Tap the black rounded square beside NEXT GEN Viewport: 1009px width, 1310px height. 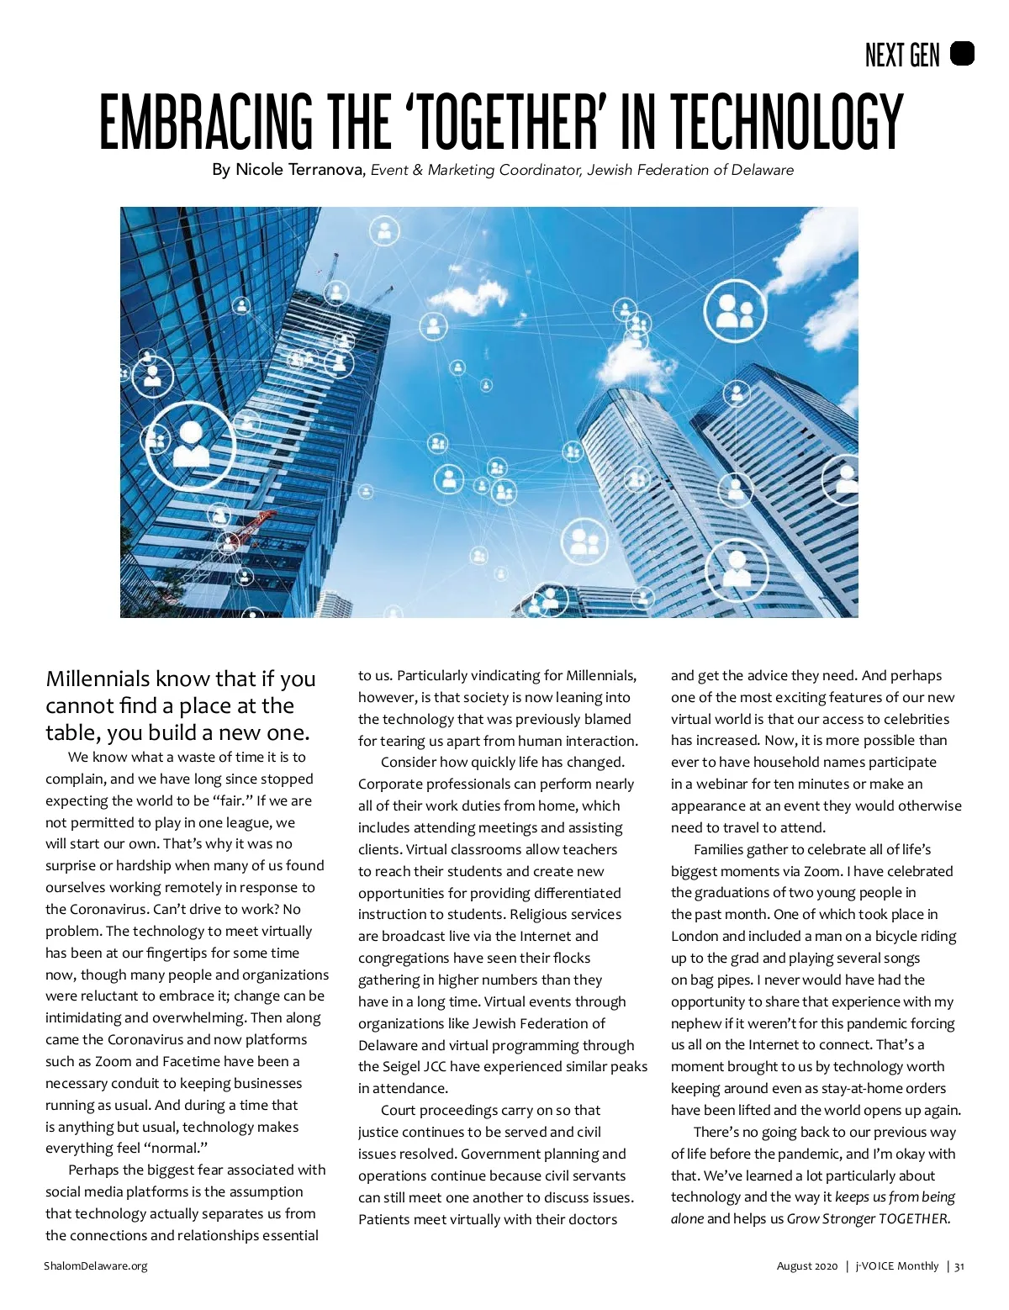(962, 54)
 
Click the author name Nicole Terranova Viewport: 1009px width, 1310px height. (298, 170)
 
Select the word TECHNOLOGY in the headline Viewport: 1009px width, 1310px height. (786, 122)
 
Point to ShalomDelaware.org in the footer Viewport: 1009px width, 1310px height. (96, 1265)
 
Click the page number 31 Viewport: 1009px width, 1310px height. (959, 1265)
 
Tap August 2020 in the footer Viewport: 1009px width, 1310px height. (806, 1265)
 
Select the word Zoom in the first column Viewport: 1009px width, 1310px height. (113, 1061)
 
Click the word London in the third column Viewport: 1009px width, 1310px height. (695, 936)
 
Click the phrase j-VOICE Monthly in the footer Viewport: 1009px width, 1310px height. (896, 1265)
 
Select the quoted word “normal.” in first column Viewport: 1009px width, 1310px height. (176, 1148)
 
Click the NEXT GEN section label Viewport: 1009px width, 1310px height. (902, 55)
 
